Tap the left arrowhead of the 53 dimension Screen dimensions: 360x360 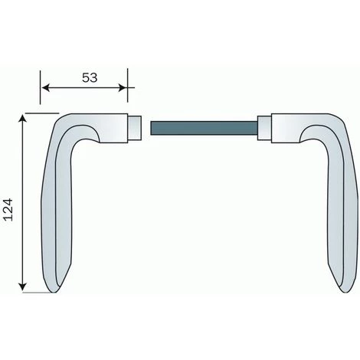[44, 88]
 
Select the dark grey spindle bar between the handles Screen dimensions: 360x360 [203, 126]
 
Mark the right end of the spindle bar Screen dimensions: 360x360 [255, 126]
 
